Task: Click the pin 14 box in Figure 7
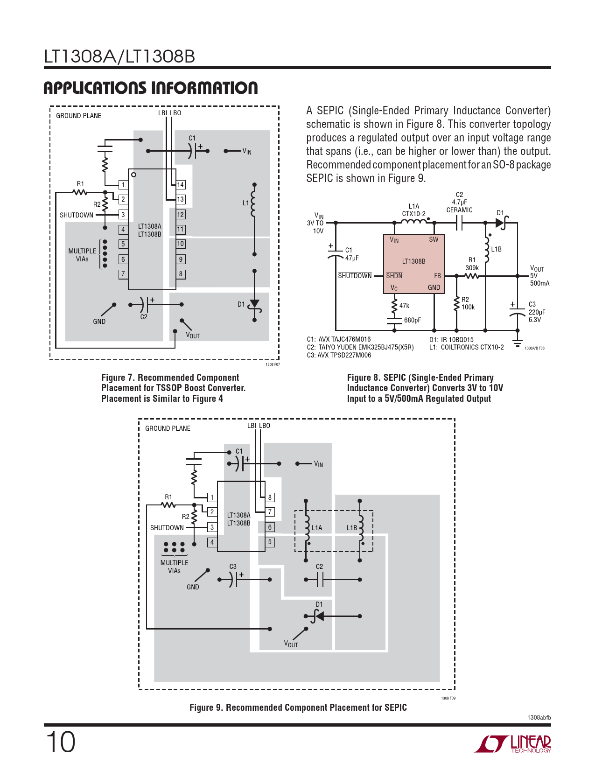pos(181,185)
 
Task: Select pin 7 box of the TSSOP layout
pos(123,274)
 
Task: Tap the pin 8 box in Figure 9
pos(270,497)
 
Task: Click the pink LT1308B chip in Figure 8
pos(413,264)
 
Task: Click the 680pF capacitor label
pos(413,320)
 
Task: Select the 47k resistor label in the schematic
pos(404,306)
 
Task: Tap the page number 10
pos(60,742)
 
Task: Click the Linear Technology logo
pos(513,744)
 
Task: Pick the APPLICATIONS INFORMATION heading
pos(150,88)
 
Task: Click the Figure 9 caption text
pos(298,707)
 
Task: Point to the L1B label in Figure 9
pos(351,528)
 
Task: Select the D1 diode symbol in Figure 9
pos(319,616)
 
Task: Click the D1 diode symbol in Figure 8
pos(501,223)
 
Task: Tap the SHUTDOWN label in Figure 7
pos(77,215)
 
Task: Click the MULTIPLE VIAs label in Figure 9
pos(174,567)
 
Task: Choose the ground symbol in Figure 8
pos(517,344)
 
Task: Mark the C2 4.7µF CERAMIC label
pos(459,203)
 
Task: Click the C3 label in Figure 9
pos(233,567)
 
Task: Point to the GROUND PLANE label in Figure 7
pos(78,116)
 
